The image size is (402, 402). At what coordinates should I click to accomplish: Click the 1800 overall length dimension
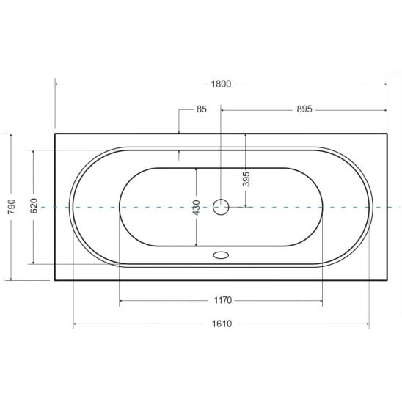coord(220,84)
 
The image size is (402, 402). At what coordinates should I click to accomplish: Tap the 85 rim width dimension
coord(202,109)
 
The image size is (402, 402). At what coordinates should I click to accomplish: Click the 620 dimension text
coord(34,208)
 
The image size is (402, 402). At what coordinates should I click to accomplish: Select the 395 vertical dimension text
coord(246,178)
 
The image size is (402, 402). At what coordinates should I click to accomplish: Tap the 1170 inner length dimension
coord(222,301)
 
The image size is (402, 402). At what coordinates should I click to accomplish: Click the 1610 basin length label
coord(222,324)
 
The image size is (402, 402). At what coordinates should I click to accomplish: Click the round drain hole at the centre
coord(221,208)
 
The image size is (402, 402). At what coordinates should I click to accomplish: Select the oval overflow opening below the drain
coord(221,256)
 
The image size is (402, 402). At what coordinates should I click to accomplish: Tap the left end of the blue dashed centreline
coord(43,208)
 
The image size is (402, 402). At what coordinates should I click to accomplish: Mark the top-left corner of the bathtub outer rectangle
coord(55,134)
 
